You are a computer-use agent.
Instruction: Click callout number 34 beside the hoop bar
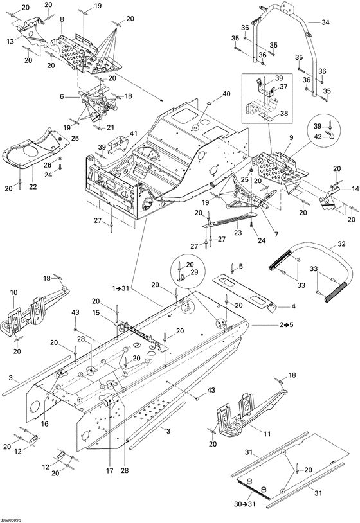point(325,22)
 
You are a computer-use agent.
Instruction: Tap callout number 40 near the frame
point(226,94)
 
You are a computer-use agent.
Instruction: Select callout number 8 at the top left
point(62,19)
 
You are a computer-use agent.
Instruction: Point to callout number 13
point(10,42)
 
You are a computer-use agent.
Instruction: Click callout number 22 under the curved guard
point(33,186)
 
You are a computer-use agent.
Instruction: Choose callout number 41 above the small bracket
point(134,134)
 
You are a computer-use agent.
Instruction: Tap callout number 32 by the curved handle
point(341,244)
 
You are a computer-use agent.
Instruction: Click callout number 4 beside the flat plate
point(293,306)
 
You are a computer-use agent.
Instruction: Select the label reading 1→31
point(120,288)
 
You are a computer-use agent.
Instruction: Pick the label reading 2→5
point(286,324)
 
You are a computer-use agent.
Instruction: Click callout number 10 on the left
point(14,292)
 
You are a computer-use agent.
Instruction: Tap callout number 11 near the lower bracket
point(267,434)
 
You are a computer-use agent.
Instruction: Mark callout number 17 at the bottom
point(110,471)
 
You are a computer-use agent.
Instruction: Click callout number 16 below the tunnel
point(45,424)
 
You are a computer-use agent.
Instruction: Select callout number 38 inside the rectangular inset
point(284,114)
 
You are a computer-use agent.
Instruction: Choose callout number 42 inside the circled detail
point(318,136)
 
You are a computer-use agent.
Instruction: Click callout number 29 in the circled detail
point(194,272)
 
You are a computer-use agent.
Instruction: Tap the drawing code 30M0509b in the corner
point(11,520)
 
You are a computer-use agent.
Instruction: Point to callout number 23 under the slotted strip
point(238,233)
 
